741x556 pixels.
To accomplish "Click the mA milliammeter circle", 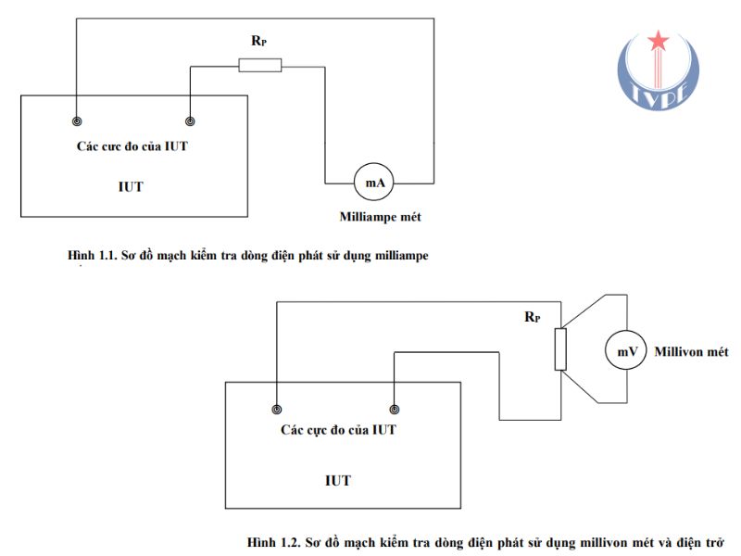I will tap(374, 183).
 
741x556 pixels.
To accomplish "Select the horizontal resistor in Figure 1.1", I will tap(260, 65).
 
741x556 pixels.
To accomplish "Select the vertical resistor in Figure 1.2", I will tap(559, 348).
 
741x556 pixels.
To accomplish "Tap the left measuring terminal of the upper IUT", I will tap(77, 122).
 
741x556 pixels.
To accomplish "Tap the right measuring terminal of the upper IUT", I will tap(190, 122).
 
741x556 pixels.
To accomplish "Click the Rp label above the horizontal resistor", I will tap(259, 42).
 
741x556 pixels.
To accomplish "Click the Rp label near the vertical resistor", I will tap(533, 316).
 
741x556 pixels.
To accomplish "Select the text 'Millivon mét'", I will tap(691, 352).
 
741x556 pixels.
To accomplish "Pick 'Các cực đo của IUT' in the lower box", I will tap(338, 430).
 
